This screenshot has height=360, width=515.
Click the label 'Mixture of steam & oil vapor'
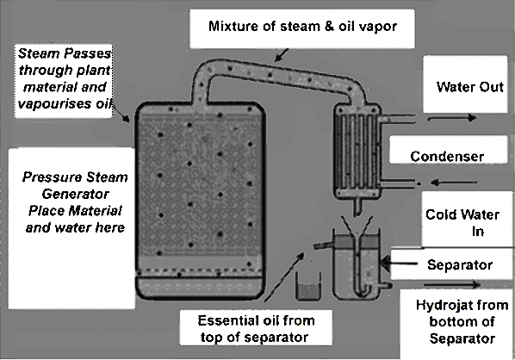(302, 26)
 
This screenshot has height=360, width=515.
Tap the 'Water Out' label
(469, 87)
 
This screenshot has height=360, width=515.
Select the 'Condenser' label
(447, 157)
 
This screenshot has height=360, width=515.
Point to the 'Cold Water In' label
(462, 223)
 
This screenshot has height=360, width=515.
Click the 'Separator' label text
(460, 264)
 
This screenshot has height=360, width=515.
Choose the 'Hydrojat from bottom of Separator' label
(462, 321)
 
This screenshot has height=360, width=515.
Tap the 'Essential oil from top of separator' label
(256, 329)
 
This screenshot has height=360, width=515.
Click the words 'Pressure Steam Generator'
(75, 185)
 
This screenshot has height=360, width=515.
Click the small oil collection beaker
(308, 286)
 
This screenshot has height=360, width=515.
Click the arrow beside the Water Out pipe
(451, 118)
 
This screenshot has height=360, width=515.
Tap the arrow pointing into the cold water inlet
(454, 182)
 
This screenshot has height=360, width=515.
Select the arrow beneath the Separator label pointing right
(452, 284)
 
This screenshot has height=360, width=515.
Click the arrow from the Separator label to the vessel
(400, 263)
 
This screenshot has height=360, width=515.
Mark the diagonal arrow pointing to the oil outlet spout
(284, 276)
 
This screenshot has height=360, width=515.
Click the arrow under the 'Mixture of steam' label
(281, 55)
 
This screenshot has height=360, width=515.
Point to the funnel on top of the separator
(357, 226)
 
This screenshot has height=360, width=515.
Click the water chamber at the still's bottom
(200, 287)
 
